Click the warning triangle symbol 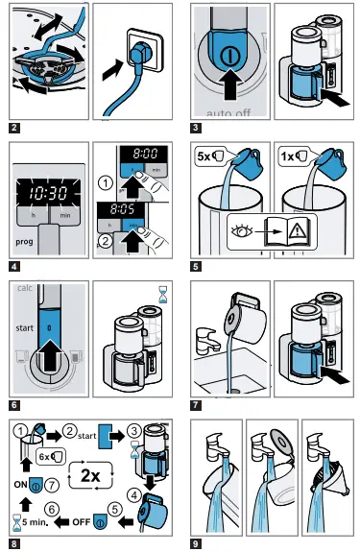(285, 231)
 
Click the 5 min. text (33, 524)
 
